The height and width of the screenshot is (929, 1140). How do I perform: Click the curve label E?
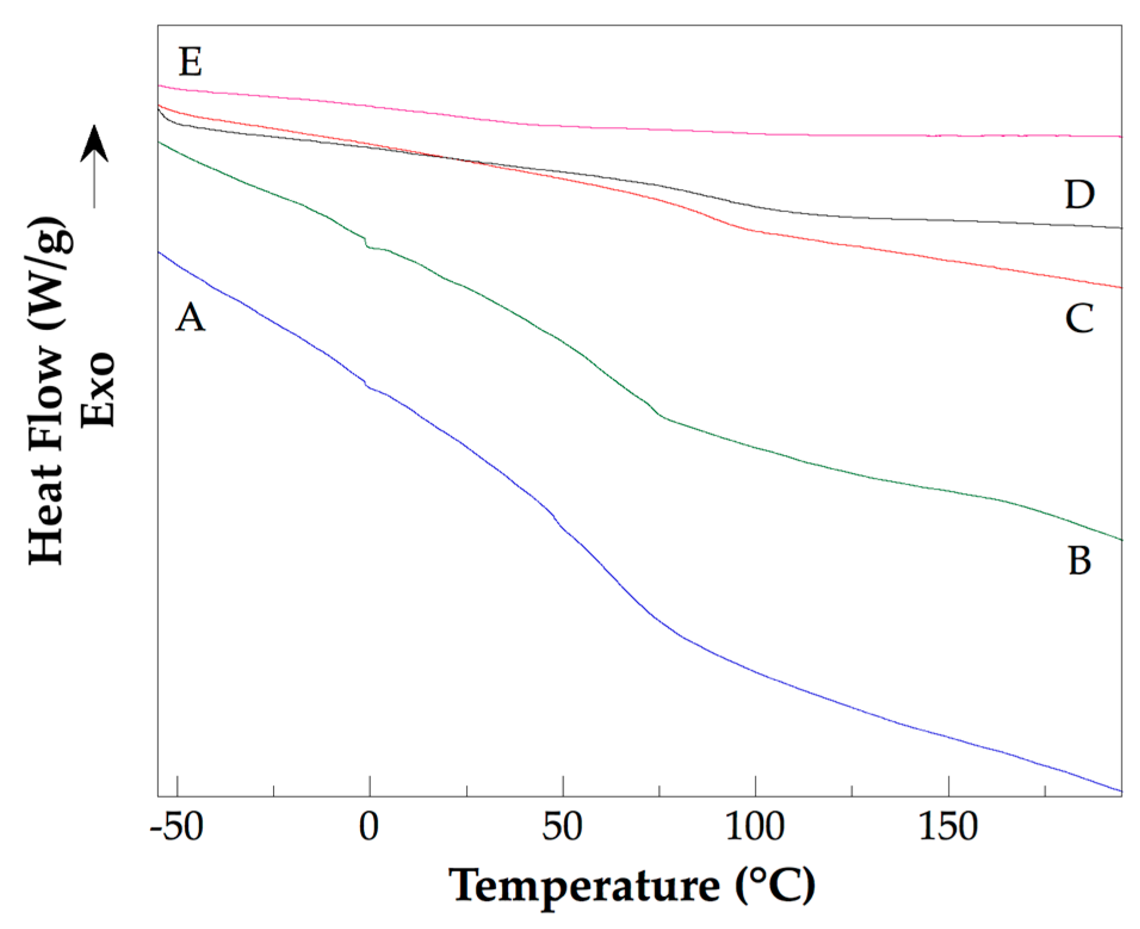tap(190, 62)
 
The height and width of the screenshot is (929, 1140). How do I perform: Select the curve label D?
tap(1079, 194)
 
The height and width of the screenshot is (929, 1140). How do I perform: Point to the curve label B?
tap(1079, 561)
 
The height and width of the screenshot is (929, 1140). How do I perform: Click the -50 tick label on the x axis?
tap(177, 827)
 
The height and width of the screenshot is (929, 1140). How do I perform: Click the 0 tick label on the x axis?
tap(369, 827)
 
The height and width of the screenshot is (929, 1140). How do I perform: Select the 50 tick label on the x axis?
tap(562, 827)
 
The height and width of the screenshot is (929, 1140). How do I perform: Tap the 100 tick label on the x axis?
tap(754, 827)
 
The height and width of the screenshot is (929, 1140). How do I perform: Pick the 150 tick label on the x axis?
tap(947, 827)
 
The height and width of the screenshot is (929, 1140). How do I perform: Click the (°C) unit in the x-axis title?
tap(775, 885)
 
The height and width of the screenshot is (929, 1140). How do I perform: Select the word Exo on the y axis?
tap(98, 389)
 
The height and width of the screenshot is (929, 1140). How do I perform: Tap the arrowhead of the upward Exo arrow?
tap(94, 143)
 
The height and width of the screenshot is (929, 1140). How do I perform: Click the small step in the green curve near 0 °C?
tap(365, 242)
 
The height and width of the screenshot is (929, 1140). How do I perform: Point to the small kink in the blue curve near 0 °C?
tap(366, 383)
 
